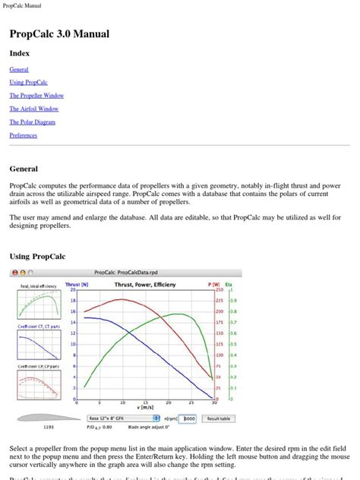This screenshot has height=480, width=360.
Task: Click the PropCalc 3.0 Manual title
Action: tap(59, 34)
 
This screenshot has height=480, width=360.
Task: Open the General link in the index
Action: tap(19, 68)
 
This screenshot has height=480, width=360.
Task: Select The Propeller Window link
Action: tap(36, 96)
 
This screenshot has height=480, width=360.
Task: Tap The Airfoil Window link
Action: tap(33, 109)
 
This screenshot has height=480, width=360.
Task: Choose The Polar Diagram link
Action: tap(32, 122)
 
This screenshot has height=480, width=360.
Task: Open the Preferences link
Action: tap(23, 135)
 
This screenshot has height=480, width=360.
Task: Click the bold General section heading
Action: tap(24, 169)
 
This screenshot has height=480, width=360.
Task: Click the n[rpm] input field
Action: tap(189, 418)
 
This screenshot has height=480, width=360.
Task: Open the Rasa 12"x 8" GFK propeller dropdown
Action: tap(118, 418)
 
